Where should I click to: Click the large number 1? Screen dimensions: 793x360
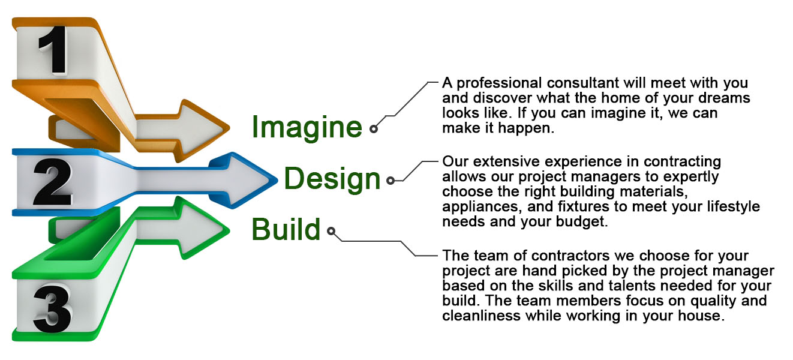coord(54,50)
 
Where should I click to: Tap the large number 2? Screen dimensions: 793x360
coord(52,182)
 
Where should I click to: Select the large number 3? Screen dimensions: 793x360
coord(52,308)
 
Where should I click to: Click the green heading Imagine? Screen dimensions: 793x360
coord(307,127)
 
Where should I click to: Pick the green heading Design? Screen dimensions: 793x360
coord(332,179)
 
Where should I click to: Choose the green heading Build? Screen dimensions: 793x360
coord(286,229)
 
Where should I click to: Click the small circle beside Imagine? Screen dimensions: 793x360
coord(374,129)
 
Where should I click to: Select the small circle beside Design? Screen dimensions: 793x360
coord(391,181)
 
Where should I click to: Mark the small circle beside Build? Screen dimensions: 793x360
coord(331,231)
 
